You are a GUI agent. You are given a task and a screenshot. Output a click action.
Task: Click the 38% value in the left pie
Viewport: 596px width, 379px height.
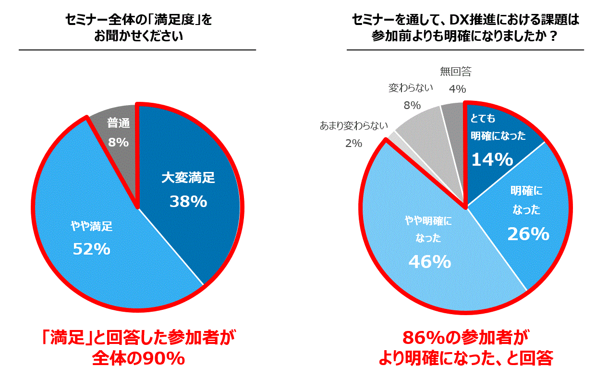point(188,201)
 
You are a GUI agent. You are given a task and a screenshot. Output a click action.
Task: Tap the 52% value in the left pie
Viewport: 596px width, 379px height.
point(91,249)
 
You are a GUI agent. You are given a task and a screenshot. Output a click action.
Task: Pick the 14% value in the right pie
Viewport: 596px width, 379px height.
point(492,159)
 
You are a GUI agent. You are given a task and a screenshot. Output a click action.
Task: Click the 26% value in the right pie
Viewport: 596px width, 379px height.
point(528,234)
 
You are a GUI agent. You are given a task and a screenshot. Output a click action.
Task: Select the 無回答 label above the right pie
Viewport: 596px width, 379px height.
point(456,72)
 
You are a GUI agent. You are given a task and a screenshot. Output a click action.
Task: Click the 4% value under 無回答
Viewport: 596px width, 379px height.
point(458,89)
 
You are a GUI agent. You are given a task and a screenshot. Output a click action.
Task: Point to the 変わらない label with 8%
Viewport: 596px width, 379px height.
point(411,88)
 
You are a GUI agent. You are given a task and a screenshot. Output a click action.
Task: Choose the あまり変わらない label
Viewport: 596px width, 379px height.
point(353,127)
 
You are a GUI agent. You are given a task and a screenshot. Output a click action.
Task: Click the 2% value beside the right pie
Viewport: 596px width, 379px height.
point(353,143)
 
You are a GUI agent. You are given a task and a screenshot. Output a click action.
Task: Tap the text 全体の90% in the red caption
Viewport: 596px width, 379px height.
point(138,359)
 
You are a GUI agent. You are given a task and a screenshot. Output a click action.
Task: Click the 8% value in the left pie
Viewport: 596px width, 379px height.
point(118,142)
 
